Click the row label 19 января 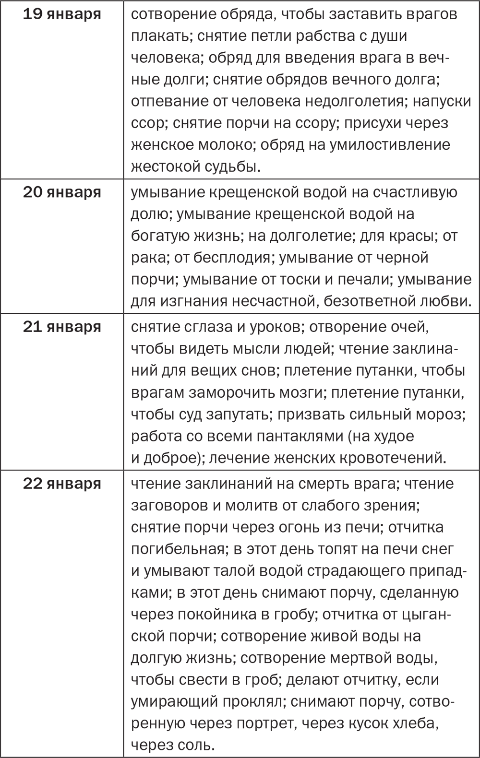point(62,14)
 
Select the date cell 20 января point(62,192)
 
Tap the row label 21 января point(62,327)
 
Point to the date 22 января point(62,484)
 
